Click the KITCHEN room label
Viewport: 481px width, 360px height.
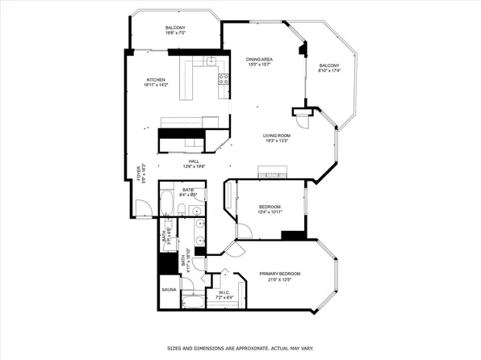[x=156, y=80]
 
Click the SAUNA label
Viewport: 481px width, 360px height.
[x=169, y=288]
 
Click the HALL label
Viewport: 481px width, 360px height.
[x=194, y=161]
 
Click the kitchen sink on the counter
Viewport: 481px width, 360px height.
[x=210, y=61]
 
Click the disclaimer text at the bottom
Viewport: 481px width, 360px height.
[x=240, y=349]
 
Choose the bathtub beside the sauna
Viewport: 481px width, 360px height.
[x=194, y=303]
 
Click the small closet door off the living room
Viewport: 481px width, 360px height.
[x=303, y=118]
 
